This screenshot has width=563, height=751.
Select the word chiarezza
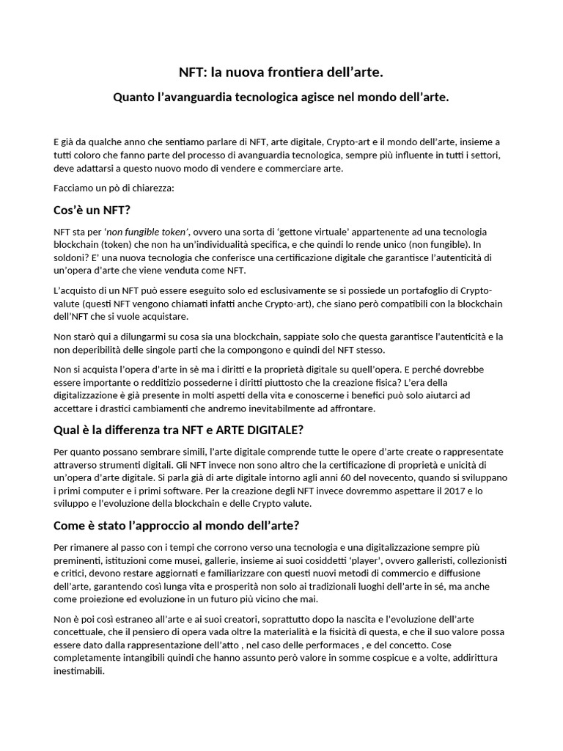151,188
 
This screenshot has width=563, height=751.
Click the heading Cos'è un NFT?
92,210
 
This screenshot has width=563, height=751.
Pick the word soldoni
75,257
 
